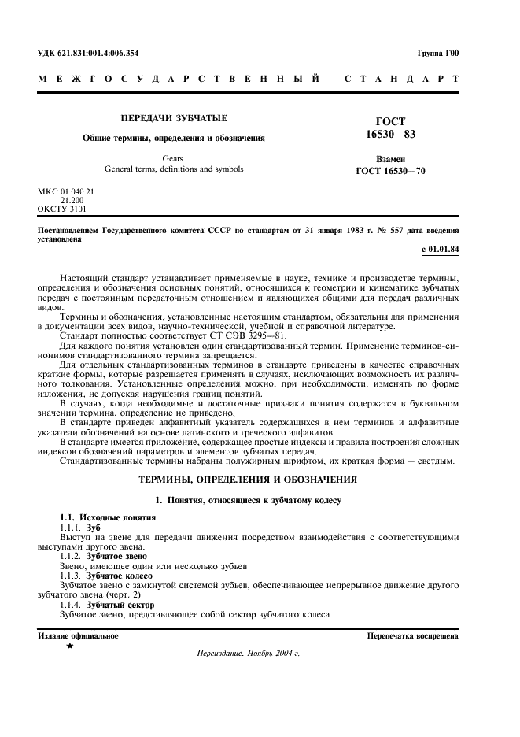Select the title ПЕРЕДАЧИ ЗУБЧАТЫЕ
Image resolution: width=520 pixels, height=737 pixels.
coord(174,118)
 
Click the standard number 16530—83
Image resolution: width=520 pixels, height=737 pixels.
coord(391,135)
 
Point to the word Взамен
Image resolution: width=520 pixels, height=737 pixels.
coord(390,159)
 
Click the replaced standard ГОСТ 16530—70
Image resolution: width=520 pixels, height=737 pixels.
coord(391,170)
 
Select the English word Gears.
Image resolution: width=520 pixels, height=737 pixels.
coord(174,158)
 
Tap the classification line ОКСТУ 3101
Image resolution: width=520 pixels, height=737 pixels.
coord(62,209)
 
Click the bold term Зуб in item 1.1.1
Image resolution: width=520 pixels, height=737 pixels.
coord(94,526)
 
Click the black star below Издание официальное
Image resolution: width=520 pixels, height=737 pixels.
coord(70,646)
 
